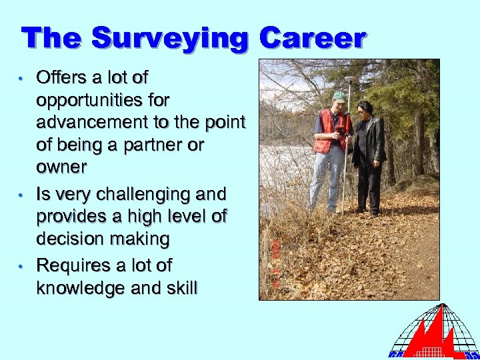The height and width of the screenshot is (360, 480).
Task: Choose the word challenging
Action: (151, 194)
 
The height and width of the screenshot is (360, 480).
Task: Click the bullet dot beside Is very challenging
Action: (22, 195)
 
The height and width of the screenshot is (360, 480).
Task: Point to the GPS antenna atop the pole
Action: (349, 79)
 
